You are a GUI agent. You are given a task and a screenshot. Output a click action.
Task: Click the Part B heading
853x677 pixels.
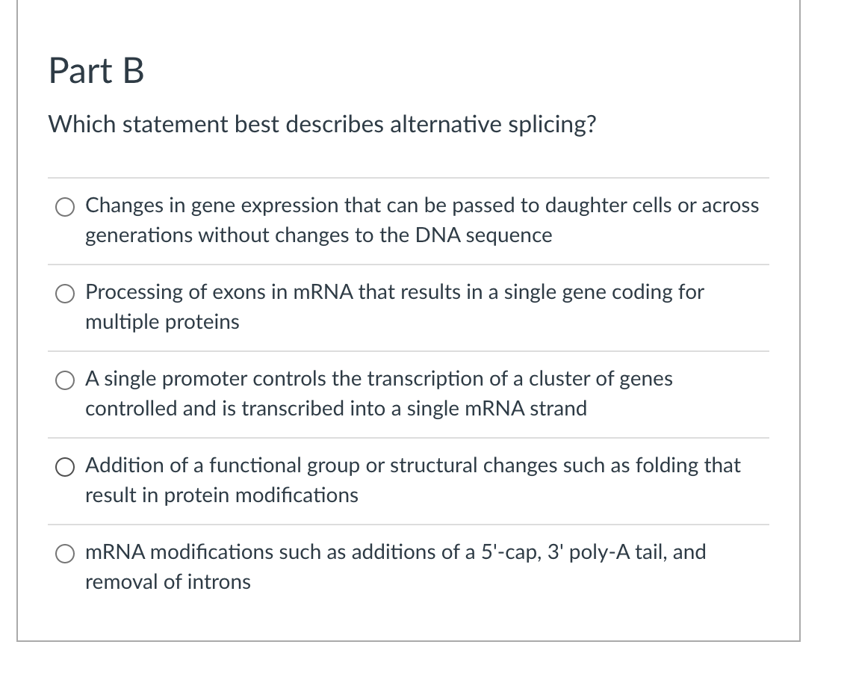(96, 71)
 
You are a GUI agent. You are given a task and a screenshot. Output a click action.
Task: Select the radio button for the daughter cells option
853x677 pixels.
(65, 207)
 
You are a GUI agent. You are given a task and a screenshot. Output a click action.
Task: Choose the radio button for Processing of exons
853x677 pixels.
(65, 294)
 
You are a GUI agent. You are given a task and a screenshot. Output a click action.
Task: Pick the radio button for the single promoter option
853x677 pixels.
(65, 380)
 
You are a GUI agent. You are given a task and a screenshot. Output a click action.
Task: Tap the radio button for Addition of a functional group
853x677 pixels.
(65, 467)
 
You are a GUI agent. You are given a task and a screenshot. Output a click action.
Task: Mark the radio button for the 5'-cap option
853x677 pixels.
(65, 554)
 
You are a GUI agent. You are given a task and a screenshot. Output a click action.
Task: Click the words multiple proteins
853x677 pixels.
(162, 322)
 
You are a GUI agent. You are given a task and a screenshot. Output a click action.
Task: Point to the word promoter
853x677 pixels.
(205, 380)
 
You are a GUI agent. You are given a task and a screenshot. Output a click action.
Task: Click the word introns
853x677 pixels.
(219, 582)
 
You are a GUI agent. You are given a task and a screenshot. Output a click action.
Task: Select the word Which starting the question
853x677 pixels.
(82, 124)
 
